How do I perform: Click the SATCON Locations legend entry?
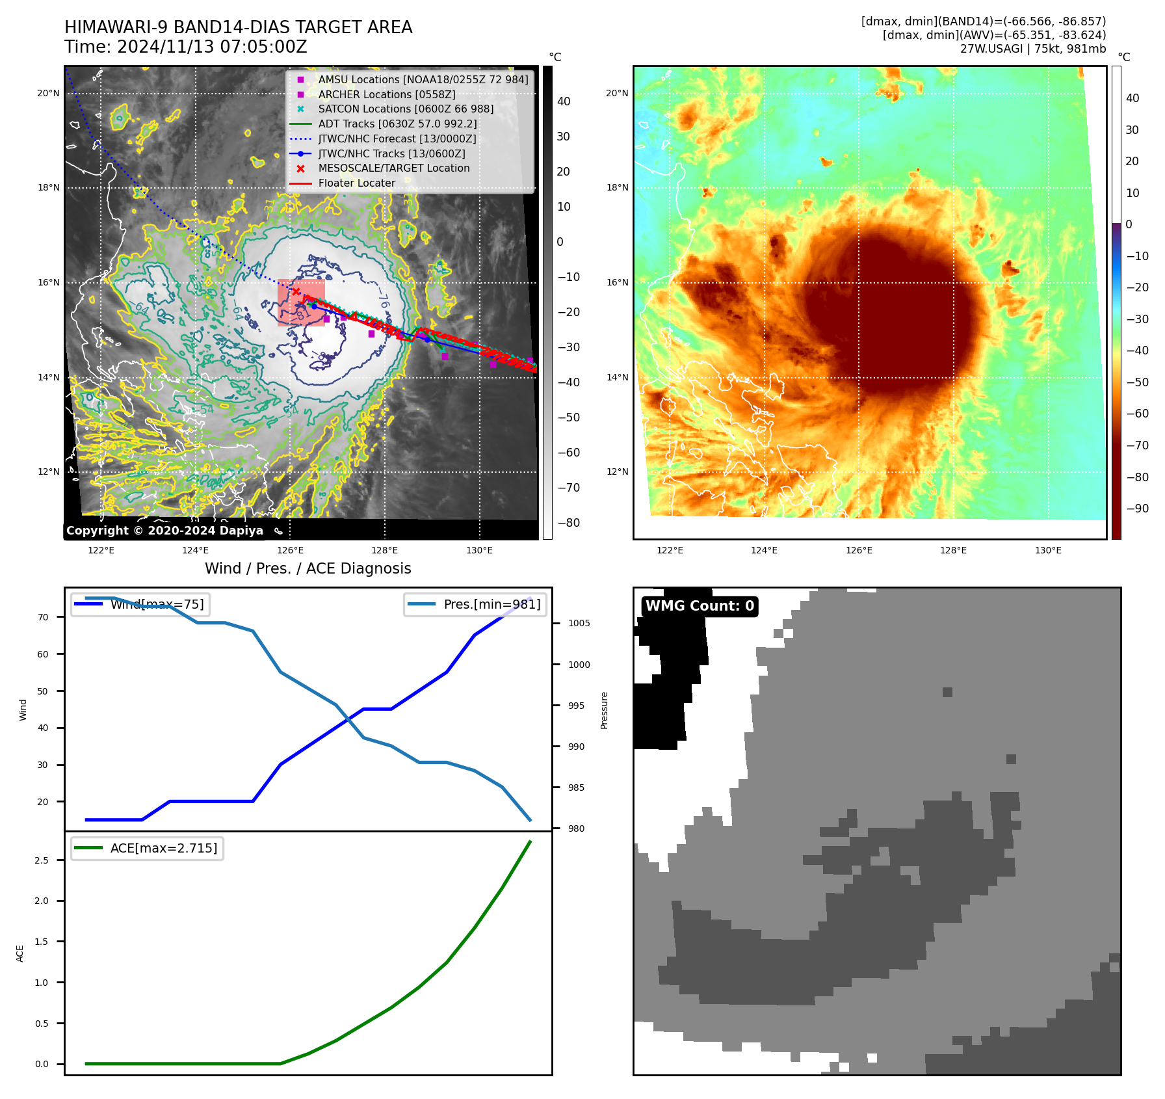pos(406,109)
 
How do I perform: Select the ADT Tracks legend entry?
pos(397,124)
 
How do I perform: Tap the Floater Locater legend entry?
pos(356,183)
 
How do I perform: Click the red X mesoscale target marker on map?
pos(296,292)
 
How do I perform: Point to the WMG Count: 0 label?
pos(700,606)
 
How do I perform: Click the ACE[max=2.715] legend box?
pos(148,849)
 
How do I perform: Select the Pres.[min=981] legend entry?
pos(475,605)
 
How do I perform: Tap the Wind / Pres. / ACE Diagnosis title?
pos(308,568)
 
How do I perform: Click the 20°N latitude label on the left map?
pos(48,94)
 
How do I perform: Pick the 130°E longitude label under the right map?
pos(1048,551)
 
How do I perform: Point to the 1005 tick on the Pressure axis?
pos(579,624)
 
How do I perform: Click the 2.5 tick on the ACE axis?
pos(42,860)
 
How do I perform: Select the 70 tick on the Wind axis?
pos(43,617)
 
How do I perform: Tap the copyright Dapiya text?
pos(164,531)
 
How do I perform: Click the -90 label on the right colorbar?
pos(1137,509)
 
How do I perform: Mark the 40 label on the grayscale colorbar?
pos(564,101)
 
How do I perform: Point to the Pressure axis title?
pos(604,710)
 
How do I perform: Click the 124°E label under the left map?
pos(195,551)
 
